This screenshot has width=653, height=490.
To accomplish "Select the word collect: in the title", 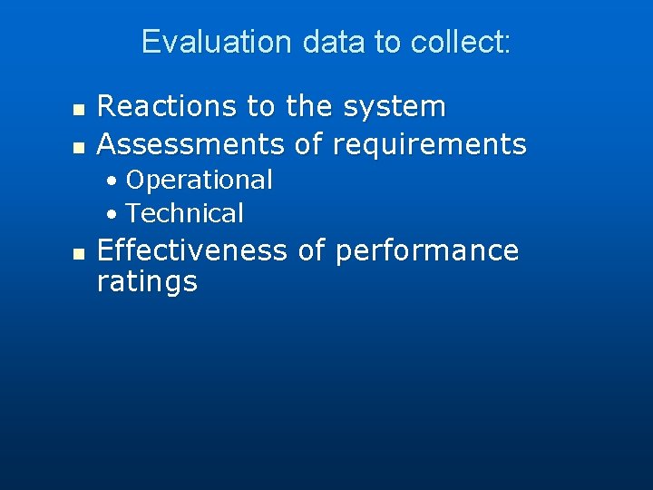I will click(x=461, y=43).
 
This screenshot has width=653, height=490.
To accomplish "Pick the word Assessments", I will click(x=191, y=143).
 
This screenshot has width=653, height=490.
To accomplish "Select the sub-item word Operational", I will click(x=200, y=180).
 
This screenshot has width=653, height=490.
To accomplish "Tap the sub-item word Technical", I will click(x=185, y=213).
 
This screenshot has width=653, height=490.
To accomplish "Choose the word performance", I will click(x=427, y=250).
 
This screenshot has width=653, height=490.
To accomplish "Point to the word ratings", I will click(x=147, y=282).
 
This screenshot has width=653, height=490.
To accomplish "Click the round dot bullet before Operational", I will click(x=111, y=181).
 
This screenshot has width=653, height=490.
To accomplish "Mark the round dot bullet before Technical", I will click(x=111, y=214).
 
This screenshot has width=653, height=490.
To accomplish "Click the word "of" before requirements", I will click(x=310, y=143).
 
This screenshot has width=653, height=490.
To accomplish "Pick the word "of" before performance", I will click(x=310, y=250).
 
